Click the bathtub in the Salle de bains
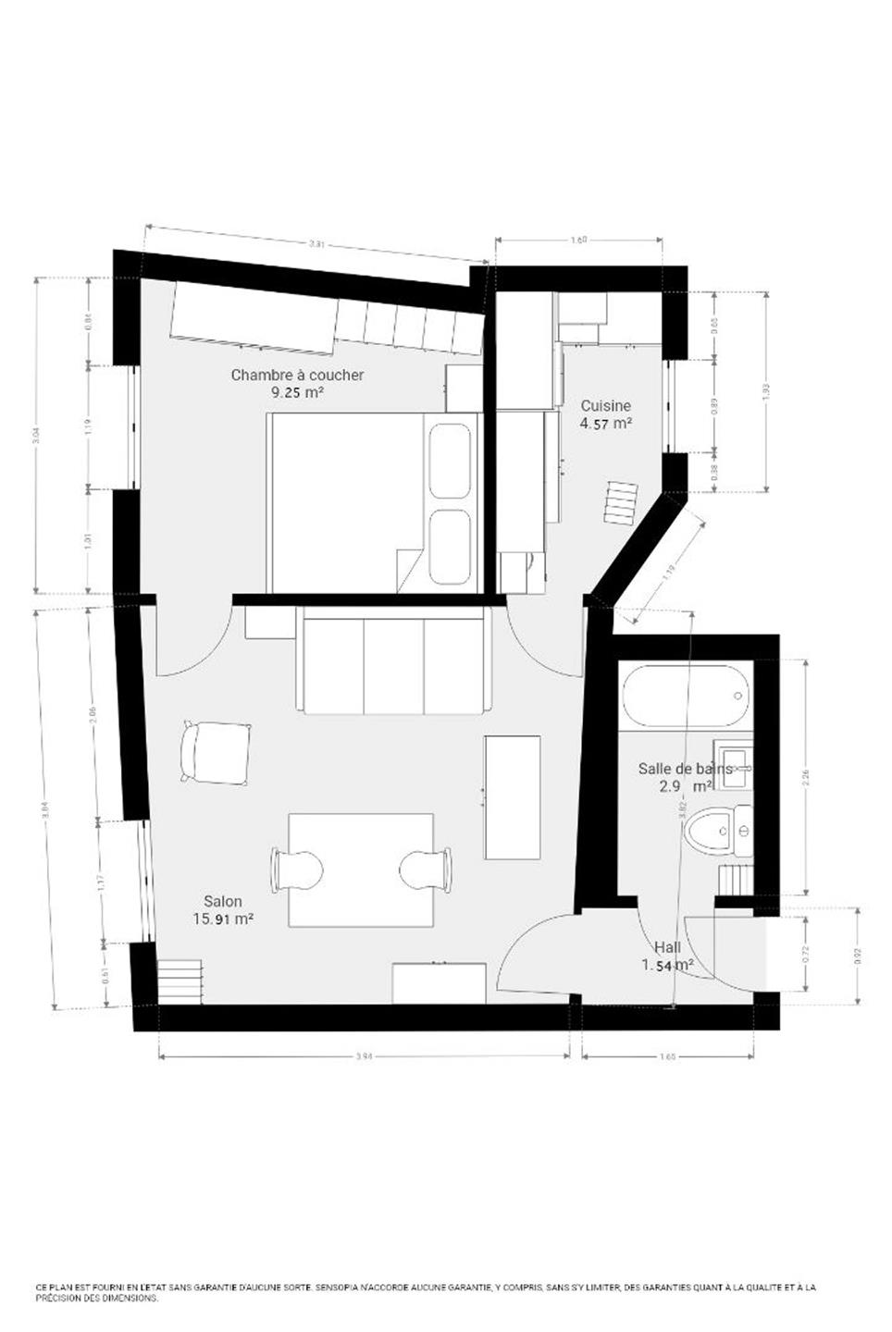[x=686, y=697]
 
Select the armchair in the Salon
[x=217, y=751]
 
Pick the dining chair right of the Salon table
[x=427, y=869]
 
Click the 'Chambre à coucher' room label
[x=297, y=375]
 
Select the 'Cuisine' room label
[x=606, y=405]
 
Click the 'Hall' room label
[x=667, y=947]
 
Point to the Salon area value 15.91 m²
[x=223, y=919]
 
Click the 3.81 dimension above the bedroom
[x=316, y=244]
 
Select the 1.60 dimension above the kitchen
[x=578, y=240]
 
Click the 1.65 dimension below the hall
[x=669, y=1056]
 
